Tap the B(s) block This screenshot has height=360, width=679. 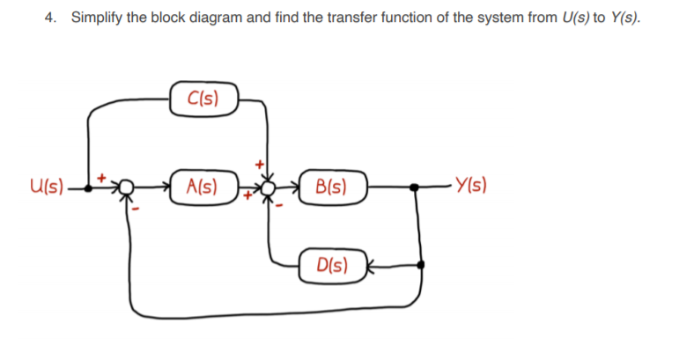click(330, 187)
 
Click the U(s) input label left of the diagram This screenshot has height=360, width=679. click(46, 187)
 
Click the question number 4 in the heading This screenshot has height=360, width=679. click(48, 18)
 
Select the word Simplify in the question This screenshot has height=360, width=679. click(96, 18)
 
